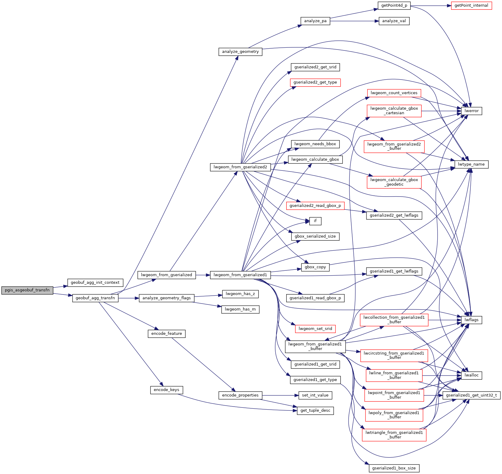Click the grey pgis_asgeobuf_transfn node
[27, 290]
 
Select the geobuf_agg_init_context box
[95, 283]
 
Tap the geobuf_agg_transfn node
[95, 298]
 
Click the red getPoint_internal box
[471, 5]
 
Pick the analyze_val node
[394, 21]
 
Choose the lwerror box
[471, 111]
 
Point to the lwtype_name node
[471, 164]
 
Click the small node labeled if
[315, 221]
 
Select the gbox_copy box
[315, 267]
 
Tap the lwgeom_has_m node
[240, 309]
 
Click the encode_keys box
[167, 390]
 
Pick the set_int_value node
[315, 395]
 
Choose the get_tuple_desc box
[315, 410]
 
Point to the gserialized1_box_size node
[394, 468]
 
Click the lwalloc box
[471, 375]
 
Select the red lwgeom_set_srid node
[315, 328]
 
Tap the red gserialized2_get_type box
[315, 82]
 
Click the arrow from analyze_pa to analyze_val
[354, 21]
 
